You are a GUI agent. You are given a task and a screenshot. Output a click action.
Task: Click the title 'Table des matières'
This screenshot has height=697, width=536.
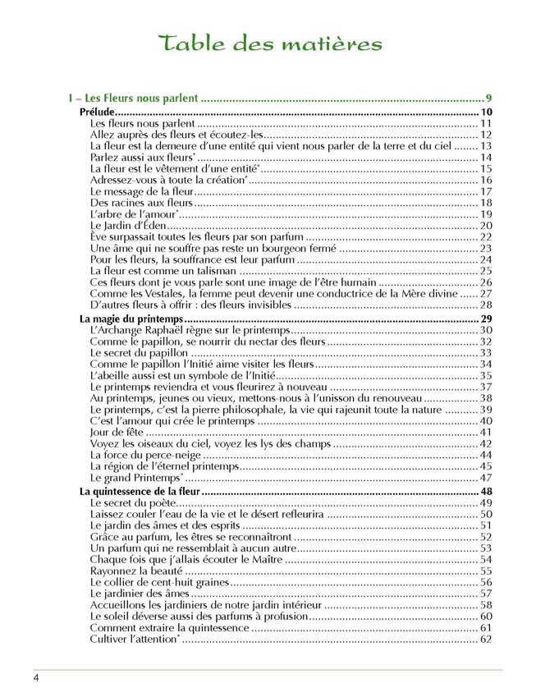click(x=271, y=43)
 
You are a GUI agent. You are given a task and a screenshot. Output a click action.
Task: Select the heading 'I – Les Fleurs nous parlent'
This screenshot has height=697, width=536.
click(x=134, y=99)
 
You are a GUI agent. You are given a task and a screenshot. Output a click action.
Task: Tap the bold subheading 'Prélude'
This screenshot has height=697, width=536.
click(x=95, y=112)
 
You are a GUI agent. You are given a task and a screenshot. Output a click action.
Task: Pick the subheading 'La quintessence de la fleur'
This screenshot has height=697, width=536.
click(x=142, y=491)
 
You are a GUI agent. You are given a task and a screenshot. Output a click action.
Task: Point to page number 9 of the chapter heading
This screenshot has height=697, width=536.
click(x=488, y=99)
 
